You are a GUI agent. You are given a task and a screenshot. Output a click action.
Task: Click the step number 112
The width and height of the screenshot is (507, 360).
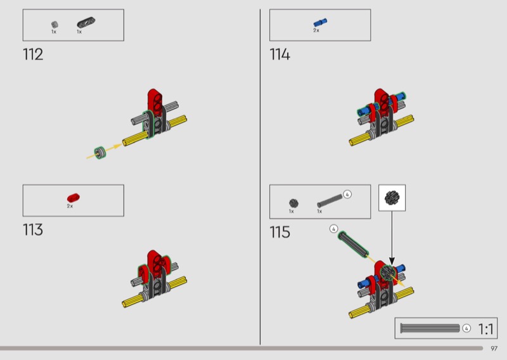coord(33,55)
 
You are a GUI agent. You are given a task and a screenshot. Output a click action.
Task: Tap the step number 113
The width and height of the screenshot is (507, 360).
coord(33,229)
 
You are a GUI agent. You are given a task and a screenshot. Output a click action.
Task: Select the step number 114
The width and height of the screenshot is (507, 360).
coord(279,55)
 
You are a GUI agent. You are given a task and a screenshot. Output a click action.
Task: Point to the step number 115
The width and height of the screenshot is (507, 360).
coord(279,232)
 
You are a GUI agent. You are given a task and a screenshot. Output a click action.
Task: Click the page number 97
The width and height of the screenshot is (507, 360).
coord(494,349)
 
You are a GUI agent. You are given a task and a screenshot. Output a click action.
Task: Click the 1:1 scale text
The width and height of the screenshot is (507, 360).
coord(485,330)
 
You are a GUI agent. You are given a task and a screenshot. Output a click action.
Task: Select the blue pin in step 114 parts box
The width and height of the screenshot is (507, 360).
coord(320,23)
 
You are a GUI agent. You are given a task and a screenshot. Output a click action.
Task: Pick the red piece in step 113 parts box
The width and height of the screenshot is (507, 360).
coord(74,198)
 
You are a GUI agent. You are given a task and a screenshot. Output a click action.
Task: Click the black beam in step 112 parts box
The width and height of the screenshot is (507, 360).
coord(86,23)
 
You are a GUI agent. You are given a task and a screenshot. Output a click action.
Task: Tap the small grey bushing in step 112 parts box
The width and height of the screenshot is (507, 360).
coord(55,25)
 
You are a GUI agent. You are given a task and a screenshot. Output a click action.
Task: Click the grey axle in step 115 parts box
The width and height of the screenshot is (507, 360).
coord(330,200)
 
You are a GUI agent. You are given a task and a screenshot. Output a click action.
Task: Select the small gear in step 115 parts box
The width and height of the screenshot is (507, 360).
coord(293,203)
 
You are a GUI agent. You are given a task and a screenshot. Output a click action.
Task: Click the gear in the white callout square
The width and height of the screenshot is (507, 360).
coord(392,198)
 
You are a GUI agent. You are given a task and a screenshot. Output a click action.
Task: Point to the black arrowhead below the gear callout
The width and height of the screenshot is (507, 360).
coord(392,260)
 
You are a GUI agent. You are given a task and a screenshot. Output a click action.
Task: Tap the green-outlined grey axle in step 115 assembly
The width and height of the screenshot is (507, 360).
coord(353,244)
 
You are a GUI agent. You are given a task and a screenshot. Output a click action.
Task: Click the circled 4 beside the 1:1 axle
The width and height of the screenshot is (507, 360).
coord(466,328)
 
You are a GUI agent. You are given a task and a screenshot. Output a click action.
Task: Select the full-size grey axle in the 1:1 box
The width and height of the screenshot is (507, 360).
coord(430,328)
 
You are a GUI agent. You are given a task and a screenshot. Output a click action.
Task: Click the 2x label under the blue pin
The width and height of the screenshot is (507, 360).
coord(316,30)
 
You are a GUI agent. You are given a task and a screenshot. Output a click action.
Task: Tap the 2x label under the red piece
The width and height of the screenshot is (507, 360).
coord(70,206)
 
